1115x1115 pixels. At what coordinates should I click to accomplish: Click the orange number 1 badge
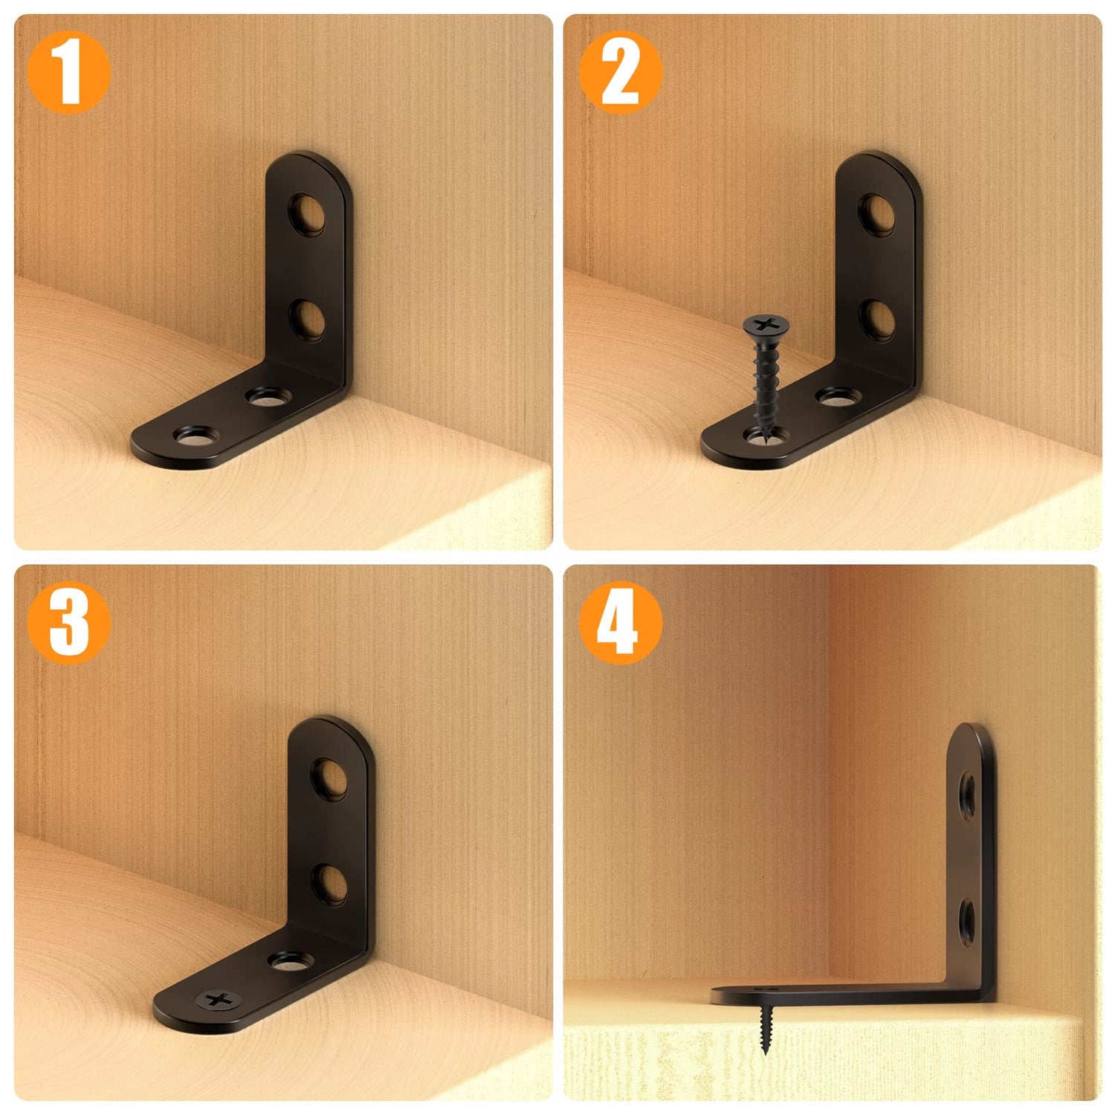(68, 72)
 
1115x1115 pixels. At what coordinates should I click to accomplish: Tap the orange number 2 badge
(619, 72)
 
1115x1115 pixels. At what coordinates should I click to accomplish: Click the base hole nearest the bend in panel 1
(267, 397)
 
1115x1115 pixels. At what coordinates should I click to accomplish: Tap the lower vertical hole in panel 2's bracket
(878, 320)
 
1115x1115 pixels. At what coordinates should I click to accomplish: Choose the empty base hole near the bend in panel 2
(838, 397)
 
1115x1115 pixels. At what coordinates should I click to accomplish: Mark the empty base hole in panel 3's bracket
(289, 962)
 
